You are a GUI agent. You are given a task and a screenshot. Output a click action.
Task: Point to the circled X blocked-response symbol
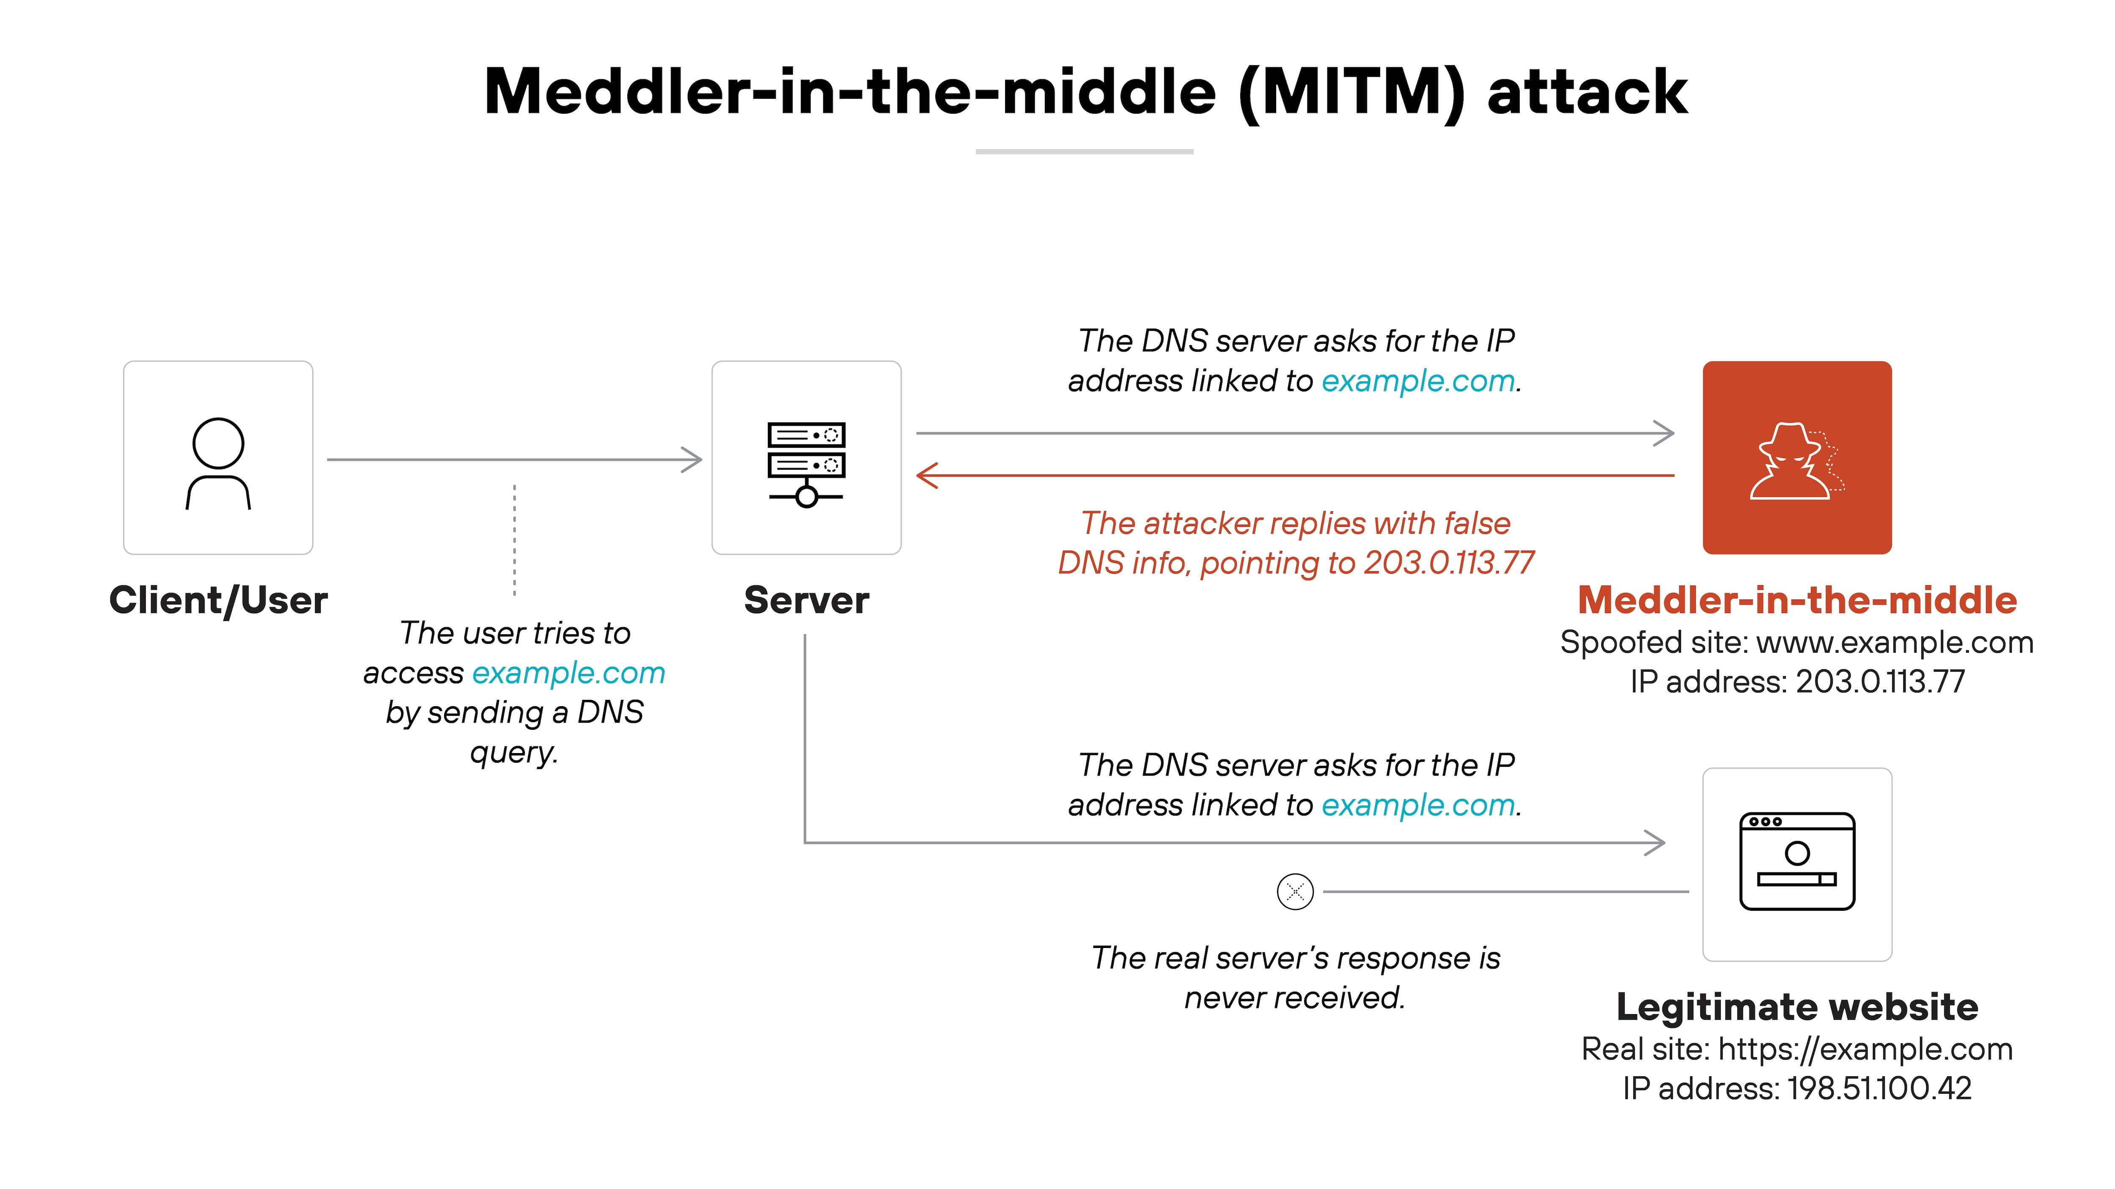point(1295,891)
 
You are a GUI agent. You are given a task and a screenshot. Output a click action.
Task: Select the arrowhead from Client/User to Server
point(692,460)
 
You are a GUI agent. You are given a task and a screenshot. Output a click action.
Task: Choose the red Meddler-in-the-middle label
point(1796,600)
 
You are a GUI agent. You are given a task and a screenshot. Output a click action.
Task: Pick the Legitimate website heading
point(1796,1007)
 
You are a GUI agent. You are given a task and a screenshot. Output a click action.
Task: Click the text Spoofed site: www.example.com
point(1796,642)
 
